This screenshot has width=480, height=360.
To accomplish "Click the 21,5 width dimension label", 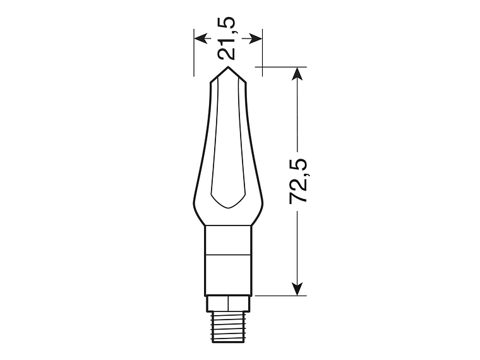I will pyautogui.click(x=228, y=38).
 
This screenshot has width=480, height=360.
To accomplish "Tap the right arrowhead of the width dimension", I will pyautogui.click(x=256, y=39).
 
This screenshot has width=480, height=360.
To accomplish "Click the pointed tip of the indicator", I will pyautogui.click(x=229, y=68).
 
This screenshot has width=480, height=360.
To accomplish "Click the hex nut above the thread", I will pyautogui.click(x=229, y=303).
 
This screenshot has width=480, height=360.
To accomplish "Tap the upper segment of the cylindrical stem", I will pyautogui.click(x=229, y=240).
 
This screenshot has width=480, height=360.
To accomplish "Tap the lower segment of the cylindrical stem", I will pyautogui.click(x=229, y=275).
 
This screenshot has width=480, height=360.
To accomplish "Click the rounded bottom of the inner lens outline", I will pyautogui.click(x=229, y=207).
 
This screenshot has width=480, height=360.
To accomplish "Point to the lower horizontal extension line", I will pyautogui.click(x=278, y=296).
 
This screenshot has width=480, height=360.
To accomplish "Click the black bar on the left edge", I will pyautogui.click(x=30, y=180).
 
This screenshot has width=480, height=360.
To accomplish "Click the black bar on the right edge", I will pyautogui.click(x=450, y=180).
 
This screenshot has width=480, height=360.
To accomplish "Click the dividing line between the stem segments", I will pyautogui.click(x=229, y=255).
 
